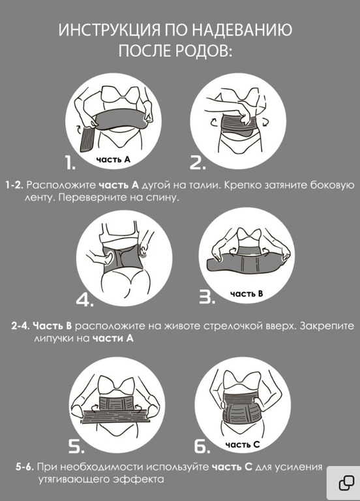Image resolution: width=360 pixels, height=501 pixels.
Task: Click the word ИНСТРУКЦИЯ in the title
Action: [110, 31]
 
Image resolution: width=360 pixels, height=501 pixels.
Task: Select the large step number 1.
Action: [70, 162]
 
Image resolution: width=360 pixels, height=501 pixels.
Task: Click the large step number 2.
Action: [198, 162]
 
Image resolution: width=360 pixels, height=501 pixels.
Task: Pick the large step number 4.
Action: [84, 300]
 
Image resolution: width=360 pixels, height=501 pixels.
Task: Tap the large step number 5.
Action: [76, 446]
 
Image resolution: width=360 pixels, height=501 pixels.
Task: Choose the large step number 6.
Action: [202, 446]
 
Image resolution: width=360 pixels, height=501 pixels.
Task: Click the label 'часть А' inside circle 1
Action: [113, 159]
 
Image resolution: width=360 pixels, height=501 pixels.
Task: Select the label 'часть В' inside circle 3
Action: [247, 294]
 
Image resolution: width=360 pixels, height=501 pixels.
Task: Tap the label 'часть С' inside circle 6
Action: [243, 444]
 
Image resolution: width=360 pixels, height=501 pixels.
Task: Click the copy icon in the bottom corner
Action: [346, 483]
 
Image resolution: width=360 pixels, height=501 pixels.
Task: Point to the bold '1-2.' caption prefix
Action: [14, 185]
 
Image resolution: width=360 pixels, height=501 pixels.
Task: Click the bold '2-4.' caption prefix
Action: [20, 326]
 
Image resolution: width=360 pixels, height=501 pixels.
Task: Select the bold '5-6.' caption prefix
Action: [25, 467]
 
